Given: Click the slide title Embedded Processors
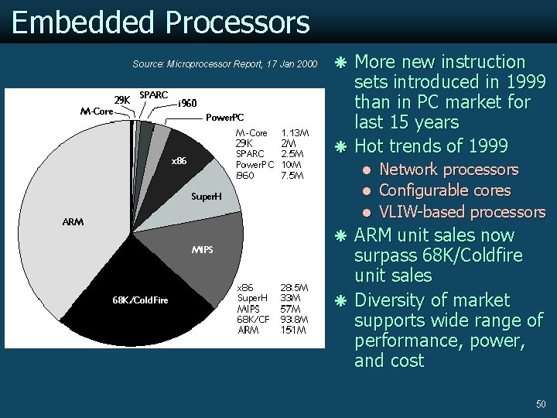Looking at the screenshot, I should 161,22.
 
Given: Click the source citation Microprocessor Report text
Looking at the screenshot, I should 224,63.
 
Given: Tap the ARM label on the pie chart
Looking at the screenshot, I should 73,222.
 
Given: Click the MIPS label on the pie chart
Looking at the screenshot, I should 202,250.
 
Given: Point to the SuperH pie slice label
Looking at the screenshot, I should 207,197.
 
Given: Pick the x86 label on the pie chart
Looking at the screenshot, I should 179,162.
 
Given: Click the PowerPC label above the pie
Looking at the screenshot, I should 224,118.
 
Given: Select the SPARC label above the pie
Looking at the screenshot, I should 153,94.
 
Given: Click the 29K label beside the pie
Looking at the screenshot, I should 122,100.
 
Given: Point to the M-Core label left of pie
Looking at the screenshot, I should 97,111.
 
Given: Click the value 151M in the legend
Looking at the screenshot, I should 294,331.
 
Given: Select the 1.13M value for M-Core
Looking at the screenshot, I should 296,133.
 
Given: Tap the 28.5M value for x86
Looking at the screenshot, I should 295,287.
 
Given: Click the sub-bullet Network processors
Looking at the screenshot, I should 449,170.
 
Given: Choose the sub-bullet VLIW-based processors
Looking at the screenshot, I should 462,212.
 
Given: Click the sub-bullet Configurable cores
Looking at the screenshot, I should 445,190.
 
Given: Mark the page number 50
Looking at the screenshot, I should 541,404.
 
